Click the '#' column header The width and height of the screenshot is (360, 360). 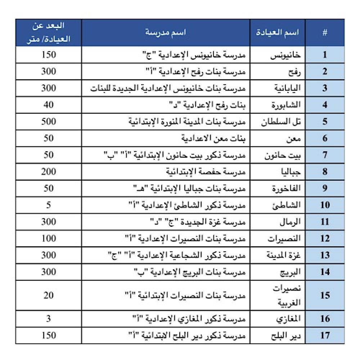(x=325, y=32)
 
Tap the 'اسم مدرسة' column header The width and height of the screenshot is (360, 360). (x=168, y=32)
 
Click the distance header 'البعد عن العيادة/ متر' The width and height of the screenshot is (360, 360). (x=49, y=32)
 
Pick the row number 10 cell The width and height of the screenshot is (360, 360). (x=325, y=205)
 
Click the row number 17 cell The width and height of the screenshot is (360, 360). (x=325, y=335)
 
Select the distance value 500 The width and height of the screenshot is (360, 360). (x=49, y=121)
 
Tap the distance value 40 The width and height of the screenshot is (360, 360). (x=49, y=105)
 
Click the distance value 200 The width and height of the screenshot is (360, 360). (x=49, y=171)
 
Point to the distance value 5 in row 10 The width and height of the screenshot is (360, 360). (x=49, y=205)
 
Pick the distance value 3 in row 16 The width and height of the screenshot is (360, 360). (x=49, y=319)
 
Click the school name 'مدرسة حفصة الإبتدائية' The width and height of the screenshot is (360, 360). (x=207, y=171)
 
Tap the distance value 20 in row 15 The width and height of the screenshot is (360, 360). (x=49, y=295)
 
